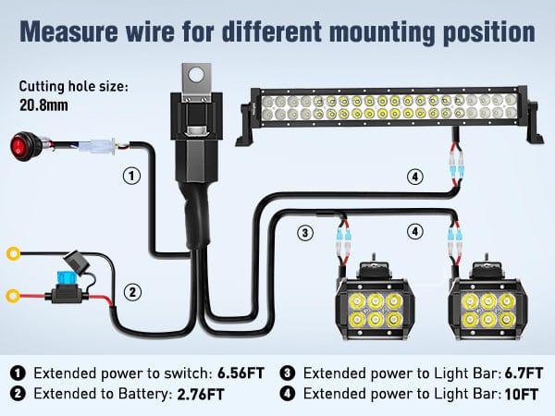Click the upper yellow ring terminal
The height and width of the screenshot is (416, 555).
14,252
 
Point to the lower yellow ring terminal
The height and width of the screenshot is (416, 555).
14,296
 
